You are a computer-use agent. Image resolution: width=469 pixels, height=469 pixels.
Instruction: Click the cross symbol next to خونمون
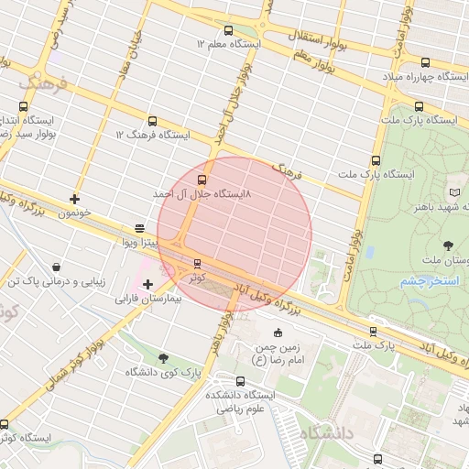74,199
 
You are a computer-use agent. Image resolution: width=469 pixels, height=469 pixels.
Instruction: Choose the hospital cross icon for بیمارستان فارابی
147,284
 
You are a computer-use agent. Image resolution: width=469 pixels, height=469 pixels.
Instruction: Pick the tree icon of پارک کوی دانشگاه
163,358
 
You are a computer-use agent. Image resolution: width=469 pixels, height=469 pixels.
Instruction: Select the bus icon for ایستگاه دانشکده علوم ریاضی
240,382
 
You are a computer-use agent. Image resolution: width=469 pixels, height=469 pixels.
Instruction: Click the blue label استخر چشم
429,280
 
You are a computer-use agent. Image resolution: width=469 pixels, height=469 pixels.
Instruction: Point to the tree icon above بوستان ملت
449,245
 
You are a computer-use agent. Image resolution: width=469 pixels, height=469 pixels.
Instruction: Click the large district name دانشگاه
340,432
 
